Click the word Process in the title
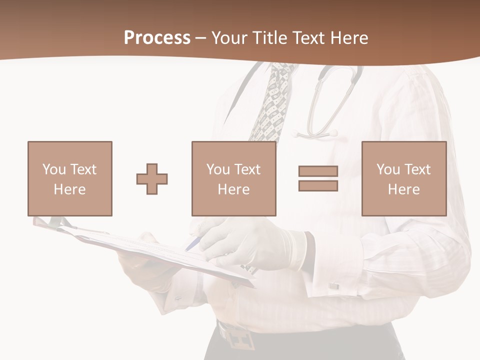click(x=157, y=38)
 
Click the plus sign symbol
click(x=152, y=178)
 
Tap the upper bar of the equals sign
click(x=318, y=171)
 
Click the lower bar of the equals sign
click(x=318, y=186)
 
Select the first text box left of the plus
click(x=70, y=178)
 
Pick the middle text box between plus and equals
click(x=233, y=178)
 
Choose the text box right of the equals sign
click(x=403, y=178)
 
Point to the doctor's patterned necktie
click(x=272, y=102)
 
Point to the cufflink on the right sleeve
click(x=334, y=286)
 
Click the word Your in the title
click(x=229, y=38)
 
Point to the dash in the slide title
click(x=200, y=38)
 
